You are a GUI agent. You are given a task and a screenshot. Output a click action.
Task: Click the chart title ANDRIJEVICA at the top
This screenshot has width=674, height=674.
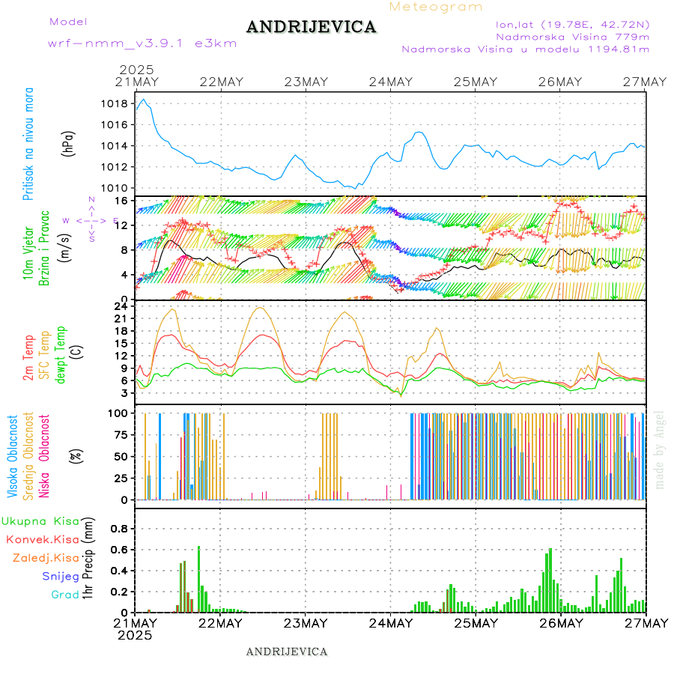pyautogui.click(x=311, y=27)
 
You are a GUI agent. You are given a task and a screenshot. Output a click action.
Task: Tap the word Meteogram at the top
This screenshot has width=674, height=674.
pyautogui.click(x=436, y=7)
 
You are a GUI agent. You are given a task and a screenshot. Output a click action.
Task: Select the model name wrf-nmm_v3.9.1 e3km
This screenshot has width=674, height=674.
pyautogui.click(x=142, y=43)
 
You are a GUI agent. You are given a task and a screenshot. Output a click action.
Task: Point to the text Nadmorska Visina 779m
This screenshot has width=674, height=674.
pyautogui.click(x=572, y=36)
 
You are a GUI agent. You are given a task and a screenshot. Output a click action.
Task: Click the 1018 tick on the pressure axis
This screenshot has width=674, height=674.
pyautogui.click(x=114, y=103)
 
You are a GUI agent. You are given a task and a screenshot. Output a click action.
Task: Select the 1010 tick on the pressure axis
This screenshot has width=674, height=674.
pyautogui.click(x=114, y=188)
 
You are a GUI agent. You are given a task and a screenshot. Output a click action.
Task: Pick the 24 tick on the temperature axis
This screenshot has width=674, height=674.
pyautogui.click(x=120, y=306)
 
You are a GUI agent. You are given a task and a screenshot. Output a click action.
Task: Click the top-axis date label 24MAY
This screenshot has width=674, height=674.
pyautogui.click(x=390, y=82)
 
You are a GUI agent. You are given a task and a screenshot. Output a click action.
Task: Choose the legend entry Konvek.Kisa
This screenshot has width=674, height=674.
pyautogui.click(x=43, y=539)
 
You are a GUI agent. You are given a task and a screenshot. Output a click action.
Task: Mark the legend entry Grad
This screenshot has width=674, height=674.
pyautogui.click(x=65, y=595)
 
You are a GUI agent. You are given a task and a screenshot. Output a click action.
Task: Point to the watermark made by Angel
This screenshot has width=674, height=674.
pyautogui.click(x=660, y=449)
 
